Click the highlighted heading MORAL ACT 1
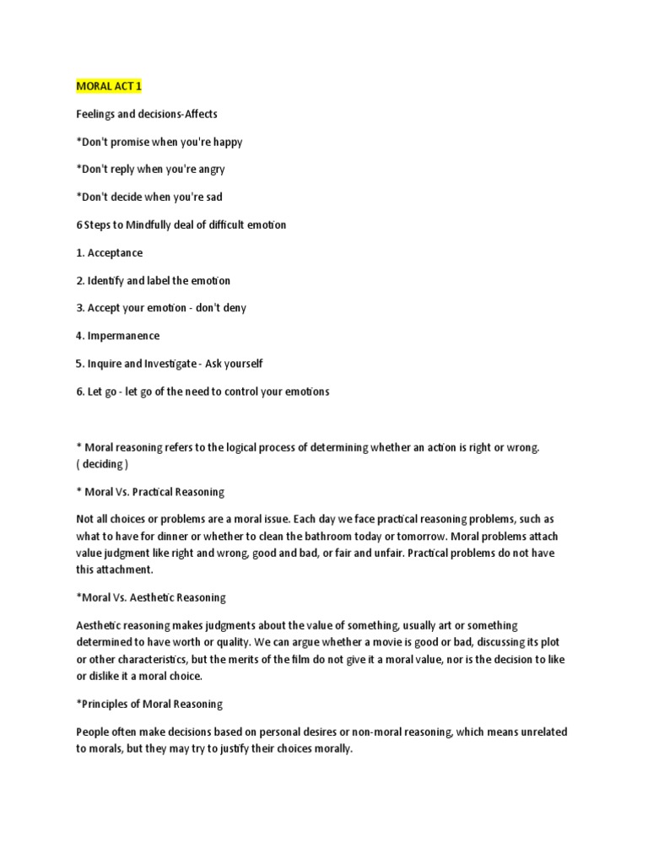[108, 88]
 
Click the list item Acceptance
[115, 253]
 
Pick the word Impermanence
[123, 336]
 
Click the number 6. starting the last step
[80, 391]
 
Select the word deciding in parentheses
[102, 464]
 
